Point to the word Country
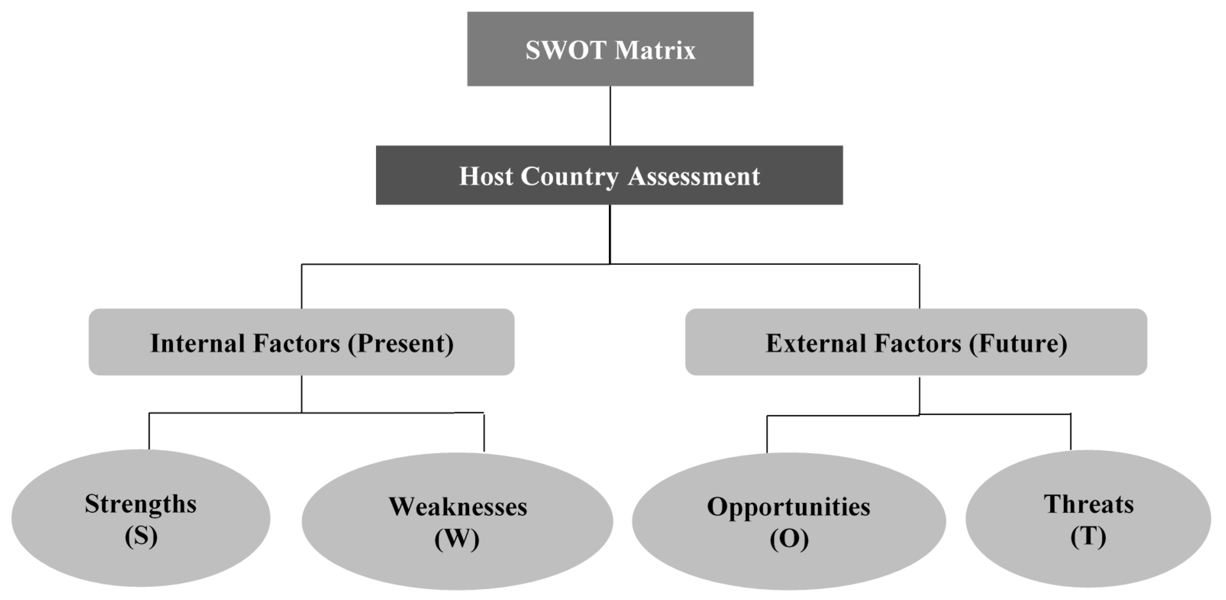[570, 176]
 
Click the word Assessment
[694, 176]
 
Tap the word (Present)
[401, 343]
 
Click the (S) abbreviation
[141, 536]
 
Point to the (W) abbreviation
[457, 539]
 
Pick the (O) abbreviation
[789, 539]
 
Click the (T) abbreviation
[1088, 536]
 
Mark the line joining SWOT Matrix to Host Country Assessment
[610, 116]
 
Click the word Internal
[197, 343]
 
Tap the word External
[815, 343]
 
